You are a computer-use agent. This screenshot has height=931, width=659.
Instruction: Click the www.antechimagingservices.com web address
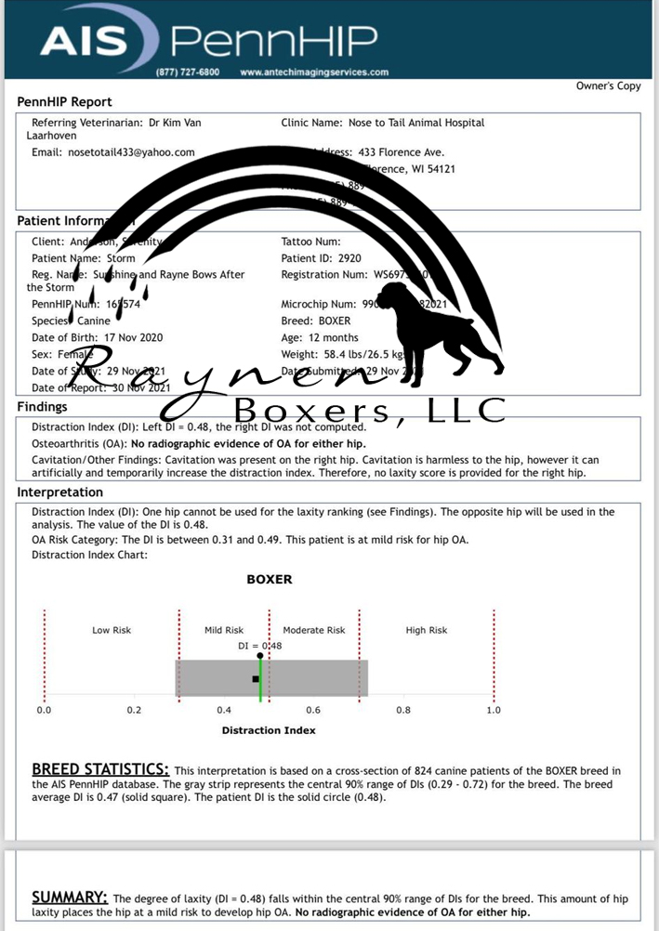314,72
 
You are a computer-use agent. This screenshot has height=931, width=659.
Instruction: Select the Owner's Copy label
609,86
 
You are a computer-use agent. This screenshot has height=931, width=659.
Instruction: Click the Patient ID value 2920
350,258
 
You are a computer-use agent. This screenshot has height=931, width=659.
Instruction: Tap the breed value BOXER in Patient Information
337,321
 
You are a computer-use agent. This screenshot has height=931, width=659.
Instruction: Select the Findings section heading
43,407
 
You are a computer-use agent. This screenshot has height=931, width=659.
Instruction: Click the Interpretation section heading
60,492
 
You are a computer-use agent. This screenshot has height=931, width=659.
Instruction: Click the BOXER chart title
269,580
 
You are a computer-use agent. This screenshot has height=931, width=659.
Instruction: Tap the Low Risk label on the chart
112,630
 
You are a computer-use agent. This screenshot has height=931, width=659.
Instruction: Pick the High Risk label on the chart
427,630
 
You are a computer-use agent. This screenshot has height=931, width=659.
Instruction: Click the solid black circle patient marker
260,656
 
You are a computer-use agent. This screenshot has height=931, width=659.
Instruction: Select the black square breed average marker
256,679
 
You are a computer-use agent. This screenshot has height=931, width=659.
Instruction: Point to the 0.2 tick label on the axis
134,710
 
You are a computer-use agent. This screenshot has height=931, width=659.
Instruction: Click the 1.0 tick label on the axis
494,710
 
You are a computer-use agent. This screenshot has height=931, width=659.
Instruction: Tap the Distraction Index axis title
269,730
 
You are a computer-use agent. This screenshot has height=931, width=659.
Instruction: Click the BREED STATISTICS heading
100,769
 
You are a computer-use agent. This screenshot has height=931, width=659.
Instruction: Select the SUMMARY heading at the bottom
70,898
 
